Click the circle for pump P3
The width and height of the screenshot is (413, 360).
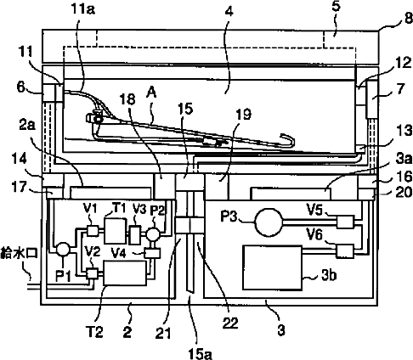[269, 222]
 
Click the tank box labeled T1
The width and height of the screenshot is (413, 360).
[116, 231]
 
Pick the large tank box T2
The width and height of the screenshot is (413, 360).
[125, 273]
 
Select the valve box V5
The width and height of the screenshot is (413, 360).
[345, 222]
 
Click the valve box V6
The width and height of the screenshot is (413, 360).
[345, 251]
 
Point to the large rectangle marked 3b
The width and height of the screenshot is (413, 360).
[272, 267]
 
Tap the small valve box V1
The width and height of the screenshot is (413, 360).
[92, 230]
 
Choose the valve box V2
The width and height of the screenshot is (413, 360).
[92, 273]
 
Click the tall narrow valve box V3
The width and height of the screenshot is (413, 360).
[134, 234]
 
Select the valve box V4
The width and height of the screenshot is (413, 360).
[152, 253]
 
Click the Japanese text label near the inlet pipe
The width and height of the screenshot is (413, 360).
[20, 252]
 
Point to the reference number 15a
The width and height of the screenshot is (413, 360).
[200, 353]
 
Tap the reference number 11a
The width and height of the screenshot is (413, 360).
[82, 9]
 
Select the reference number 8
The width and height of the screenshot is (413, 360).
[408, 19]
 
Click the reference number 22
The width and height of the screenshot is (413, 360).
[230, 323]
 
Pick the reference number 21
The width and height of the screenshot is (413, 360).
[163, 333]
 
